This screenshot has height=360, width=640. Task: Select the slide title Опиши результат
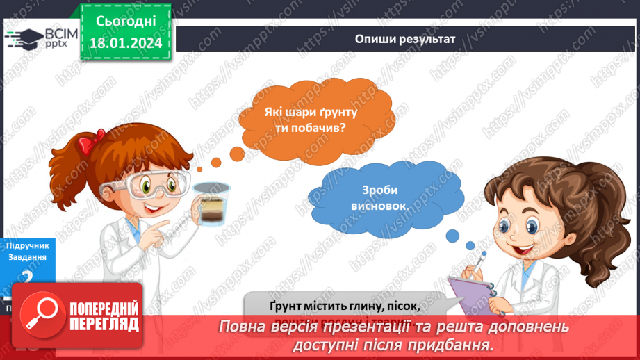[x=405, y=39]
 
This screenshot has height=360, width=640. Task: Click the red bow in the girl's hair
[x=87, y=144]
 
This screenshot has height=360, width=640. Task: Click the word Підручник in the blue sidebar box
[x=27, y=246]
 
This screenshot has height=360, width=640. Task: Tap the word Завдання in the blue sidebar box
[x=28, y=257]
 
